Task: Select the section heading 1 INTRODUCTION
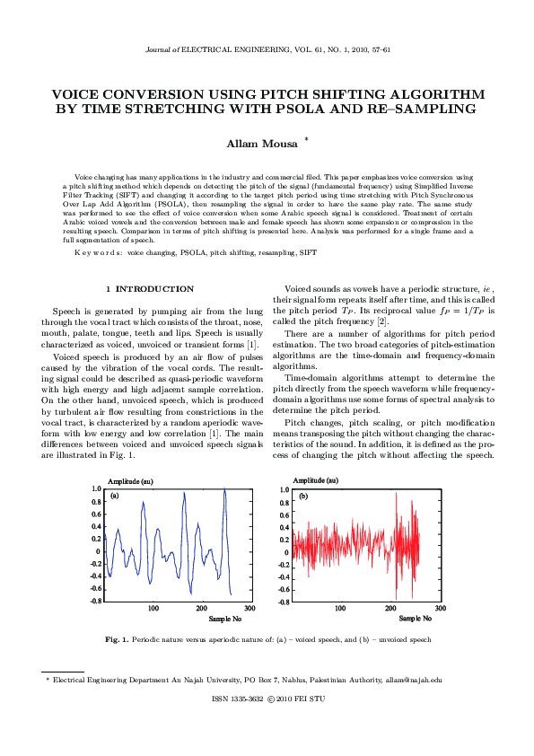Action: [x=149, y=289]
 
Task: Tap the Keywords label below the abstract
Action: [x=98, y=253]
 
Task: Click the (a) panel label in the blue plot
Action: [x=115, y=495]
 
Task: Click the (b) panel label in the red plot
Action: [x=303, y=496]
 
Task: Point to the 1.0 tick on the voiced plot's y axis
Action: [x=95, y=489]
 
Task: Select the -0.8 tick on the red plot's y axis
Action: [x=281, y=601]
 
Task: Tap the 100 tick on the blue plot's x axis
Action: [x=153, y=609]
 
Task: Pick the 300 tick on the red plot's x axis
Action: [x=437, y=609]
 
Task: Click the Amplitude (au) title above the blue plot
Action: [x=130, y=481]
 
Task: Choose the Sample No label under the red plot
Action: [x=415, y=619]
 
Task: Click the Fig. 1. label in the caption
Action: [x=118, y=640]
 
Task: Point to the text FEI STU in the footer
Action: [x=309, y=698]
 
